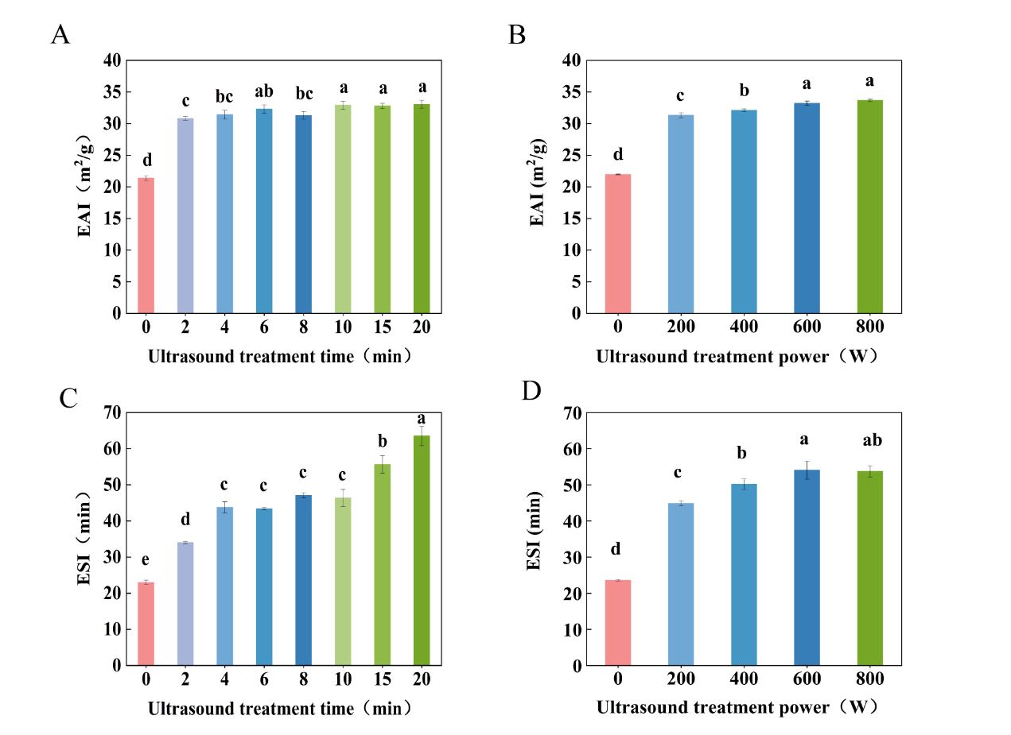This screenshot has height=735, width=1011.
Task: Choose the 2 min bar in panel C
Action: [x=185, y=604]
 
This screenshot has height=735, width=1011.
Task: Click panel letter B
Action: [x=517, y=36]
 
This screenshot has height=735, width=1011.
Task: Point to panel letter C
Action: [x=68, y=398]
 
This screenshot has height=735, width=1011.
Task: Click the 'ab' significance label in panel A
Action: [x=264, y=91]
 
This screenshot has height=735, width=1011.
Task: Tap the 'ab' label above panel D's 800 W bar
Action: [x=870, y=441]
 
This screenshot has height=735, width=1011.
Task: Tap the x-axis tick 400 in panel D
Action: [x=744, y=680]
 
